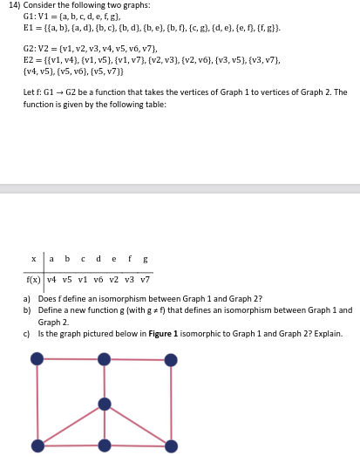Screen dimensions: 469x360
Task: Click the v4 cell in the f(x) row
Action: pyautogui.click(x=51, y=279)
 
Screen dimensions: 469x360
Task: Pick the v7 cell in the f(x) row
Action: pyautogui.click(x=145, y=279)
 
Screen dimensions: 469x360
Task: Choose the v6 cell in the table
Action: pyautogui.click(x=98, y=279)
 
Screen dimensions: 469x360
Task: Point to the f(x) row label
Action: pyautogui.click(x=31, y=279)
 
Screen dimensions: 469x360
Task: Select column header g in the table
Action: pyautogui.click(x=145, y=259)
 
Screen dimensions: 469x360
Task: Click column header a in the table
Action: pyautogui.click(x=51, y=259)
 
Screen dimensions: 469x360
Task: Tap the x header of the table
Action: pyautogui.click(x=33, y=259)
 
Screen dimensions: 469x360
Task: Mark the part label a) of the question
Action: pyautogui.click(x=27, y=299)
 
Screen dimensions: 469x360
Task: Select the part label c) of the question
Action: pyautogui.click(x=27, y=333)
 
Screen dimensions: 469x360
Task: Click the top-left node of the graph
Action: pyautogui.click(x=37, y=358)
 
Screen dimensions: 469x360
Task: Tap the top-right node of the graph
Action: pyautogui.click(x=171, y=358)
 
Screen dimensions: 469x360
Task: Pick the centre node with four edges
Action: pyautogui.click(x=105, y=404)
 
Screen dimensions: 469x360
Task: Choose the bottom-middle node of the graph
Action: pyautogui.click(x=105, y=445)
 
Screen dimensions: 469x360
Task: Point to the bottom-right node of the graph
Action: pyautogui.click(x=171, y=445)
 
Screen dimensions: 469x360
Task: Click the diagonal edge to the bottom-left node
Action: pyautogui.click(x=71, y=425)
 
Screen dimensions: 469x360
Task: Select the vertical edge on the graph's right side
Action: pyautogui.click(x=171, y=402)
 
